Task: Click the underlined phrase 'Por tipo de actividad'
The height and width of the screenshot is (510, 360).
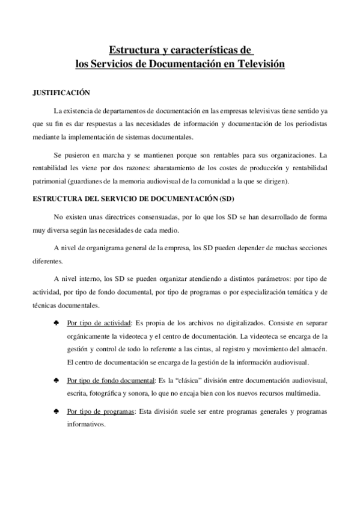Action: coord(99,322)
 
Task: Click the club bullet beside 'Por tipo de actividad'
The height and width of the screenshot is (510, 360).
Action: coord(56,322)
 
